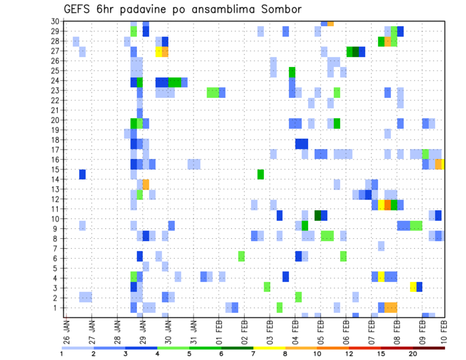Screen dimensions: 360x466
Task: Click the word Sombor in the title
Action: [278, 10]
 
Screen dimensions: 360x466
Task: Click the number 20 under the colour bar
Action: [413, 354]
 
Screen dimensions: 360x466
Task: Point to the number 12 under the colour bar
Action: [349, 354]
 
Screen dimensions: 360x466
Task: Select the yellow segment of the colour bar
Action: [269, 348]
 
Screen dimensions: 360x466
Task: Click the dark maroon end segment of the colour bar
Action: [429, 348]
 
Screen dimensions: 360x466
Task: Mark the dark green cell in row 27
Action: [356, 51]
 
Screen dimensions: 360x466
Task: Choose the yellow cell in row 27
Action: [158, 51]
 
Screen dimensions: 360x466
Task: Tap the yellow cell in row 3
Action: [413, 286]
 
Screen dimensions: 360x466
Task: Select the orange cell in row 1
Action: [391, 307]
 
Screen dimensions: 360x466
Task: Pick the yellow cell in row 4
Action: [382, 277]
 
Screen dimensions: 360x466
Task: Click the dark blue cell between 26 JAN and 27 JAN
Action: [83, 174]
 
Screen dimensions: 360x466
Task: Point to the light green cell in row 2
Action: [299, 296]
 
